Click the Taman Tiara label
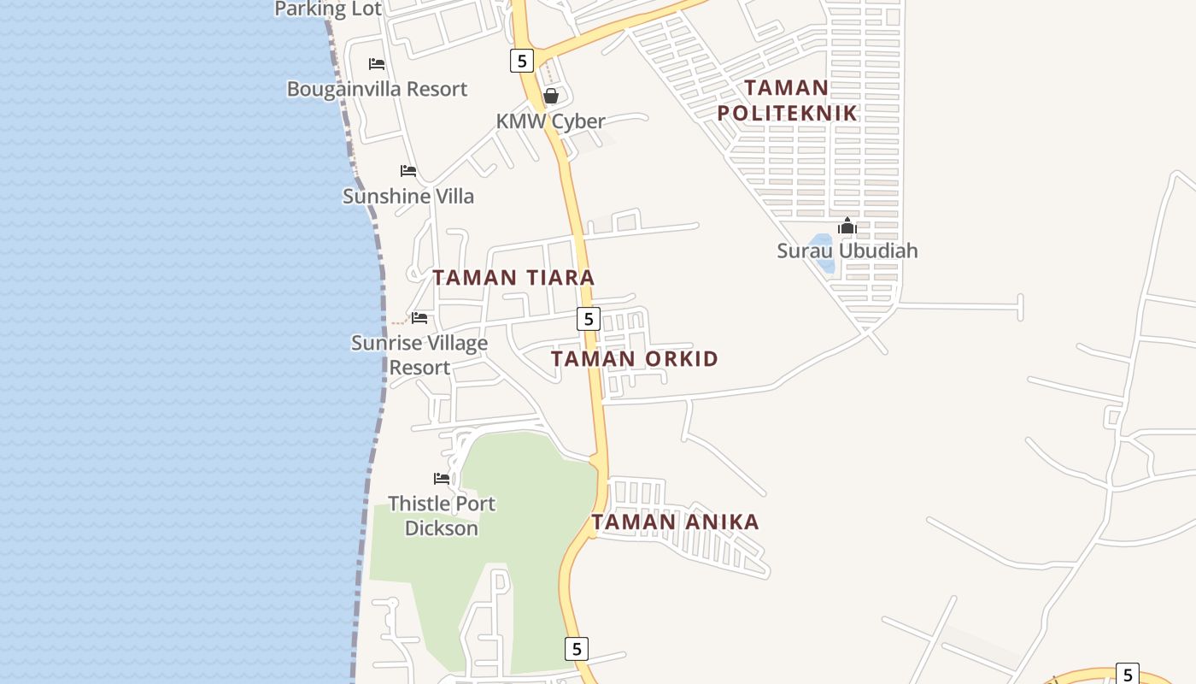513,278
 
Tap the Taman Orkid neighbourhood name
635,359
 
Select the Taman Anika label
675,522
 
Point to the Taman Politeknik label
786,100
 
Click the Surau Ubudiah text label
847,251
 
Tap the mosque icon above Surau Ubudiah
847,227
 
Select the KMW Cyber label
550,121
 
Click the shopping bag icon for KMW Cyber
551,96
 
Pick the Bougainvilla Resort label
377,89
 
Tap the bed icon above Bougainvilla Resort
377,64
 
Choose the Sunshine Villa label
408,196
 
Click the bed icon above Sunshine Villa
408,171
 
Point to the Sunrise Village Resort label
419,355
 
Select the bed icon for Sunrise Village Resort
419,318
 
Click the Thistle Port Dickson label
441,516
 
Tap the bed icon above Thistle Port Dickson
442,479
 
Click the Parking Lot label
328,9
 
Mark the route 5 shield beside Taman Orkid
588,319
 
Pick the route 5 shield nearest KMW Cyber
521,61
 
